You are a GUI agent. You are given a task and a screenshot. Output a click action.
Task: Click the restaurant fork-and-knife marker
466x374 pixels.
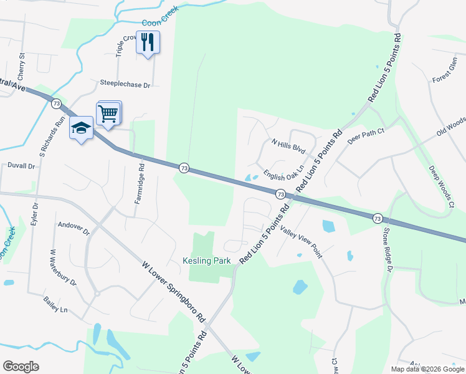point(148,42)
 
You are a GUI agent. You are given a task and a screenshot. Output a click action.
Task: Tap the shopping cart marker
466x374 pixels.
point(108,114)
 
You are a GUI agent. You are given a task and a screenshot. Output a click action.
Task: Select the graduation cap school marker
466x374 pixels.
point(81,128)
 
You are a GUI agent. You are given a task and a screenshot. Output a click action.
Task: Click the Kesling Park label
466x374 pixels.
point(207,261)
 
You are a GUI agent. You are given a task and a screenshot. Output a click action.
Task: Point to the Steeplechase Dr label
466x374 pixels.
point(126,84)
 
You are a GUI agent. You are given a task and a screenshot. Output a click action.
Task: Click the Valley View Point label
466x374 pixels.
point(301,242)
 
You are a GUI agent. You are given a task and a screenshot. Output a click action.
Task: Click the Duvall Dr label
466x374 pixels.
point(21,166)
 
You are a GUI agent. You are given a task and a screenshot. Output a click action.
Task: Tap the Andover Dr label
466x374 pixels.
point(74,228)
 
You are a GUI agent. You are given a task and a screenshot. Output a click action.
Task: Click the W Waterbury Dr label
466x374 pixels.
point(63,267)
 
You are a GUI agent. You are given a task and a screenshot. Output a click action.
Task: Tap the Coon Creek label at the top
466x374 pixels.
point(160,17)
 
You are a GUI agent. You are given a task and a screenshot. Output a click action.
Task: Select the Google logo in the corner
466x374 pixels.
point(21,367)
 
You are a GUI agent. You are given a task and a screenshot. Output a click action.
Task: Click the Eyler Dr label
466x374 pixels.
point(35,213)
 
